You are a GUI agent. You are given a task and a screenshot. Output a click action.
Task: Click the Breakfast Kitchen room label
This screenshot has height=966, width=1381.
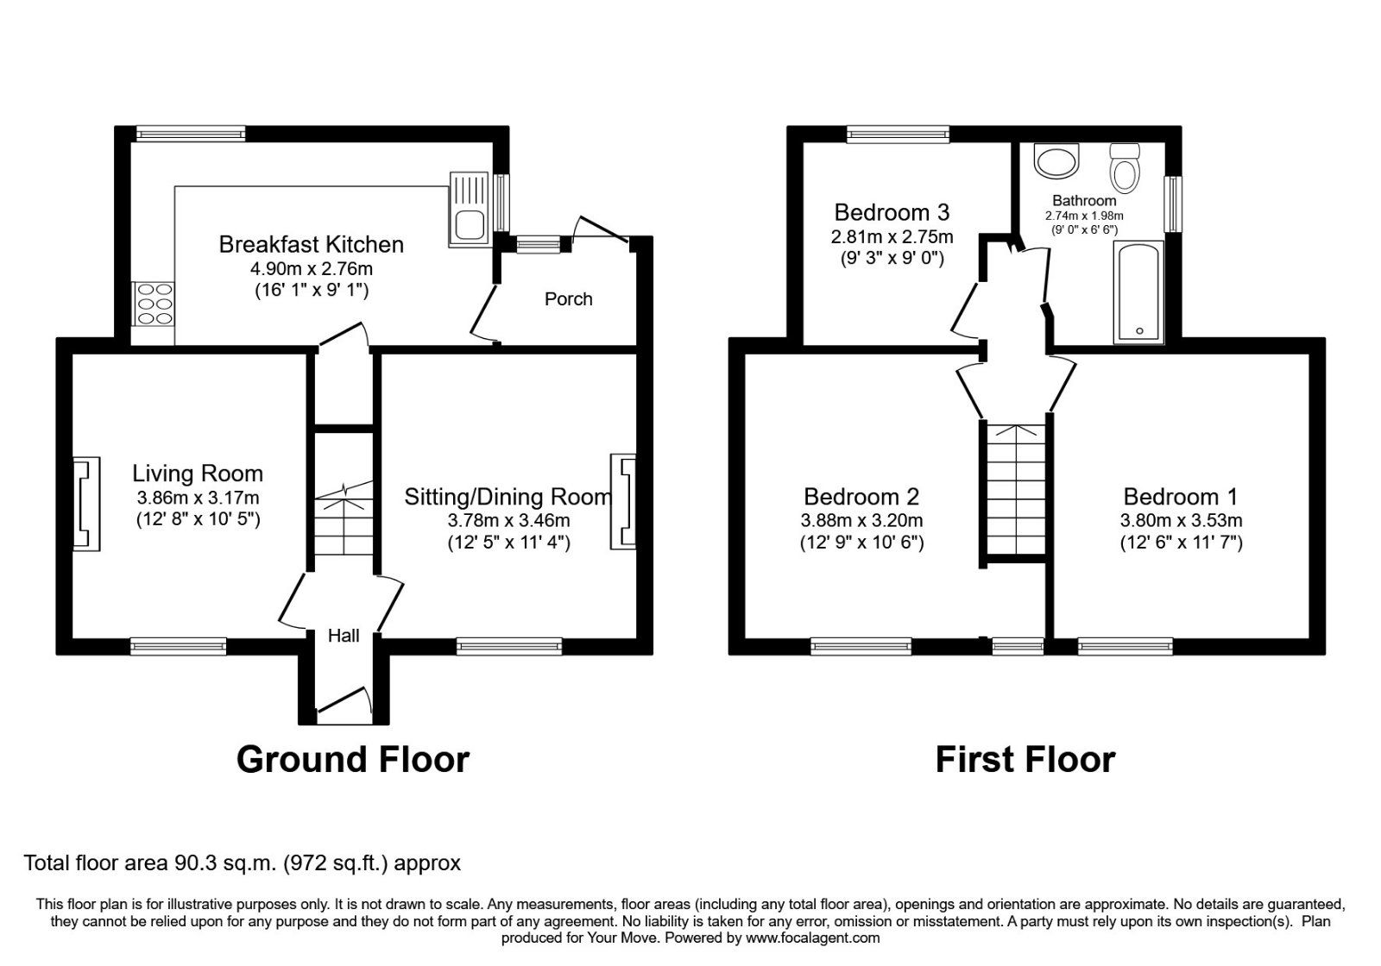click(311, 244)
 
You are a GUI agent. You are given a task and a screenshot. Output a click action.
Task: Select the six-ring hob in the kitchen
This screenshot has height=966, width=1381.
click(154, 304)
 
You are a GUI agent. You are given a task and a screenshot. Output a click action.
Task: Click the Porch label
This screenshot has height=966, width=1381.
click(568, 299)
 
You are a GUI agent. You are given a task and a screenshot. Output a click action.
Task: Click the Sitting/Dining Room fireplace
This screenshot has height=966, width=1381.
click(623, 501)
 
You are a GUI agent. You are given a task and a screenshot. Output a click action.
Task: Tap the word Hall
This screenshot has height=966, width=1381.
click(344, 637)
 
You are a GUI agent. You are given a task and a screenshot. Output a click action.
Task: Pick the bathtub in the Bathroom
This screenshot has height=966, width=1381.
click(1138, 292)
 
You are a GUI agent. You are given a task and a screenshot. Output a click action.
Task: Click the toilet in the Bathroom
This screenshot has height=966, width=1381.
click(1125, 167)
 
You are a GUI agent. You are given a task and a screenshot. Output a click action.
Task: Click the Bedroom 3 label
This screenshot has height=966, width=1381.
click(892, 212)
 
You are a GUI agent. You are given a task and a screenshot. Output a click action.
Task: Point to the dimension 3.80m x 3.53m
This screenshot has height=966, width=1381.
click(1181, 520)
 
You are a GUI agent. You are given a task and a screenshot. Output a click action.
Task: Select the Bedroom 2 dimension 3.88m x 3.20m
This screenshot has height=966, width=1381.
click(861, 520)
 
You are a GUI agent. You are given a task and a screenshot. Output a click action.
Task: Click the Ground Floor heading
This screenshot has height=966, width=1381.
click(352, 760)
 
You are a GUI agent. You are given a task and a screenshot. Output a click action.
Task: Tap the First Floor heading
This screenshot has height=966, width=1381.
click(1025, 760)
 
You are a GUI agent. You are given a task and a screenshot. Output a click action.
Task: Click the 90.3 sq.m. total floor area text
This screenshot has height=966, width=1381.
click(242, 862)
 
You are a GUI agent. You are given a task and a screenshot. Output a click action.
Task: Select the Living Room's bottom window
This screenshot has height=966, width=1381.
click(179, 645)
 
